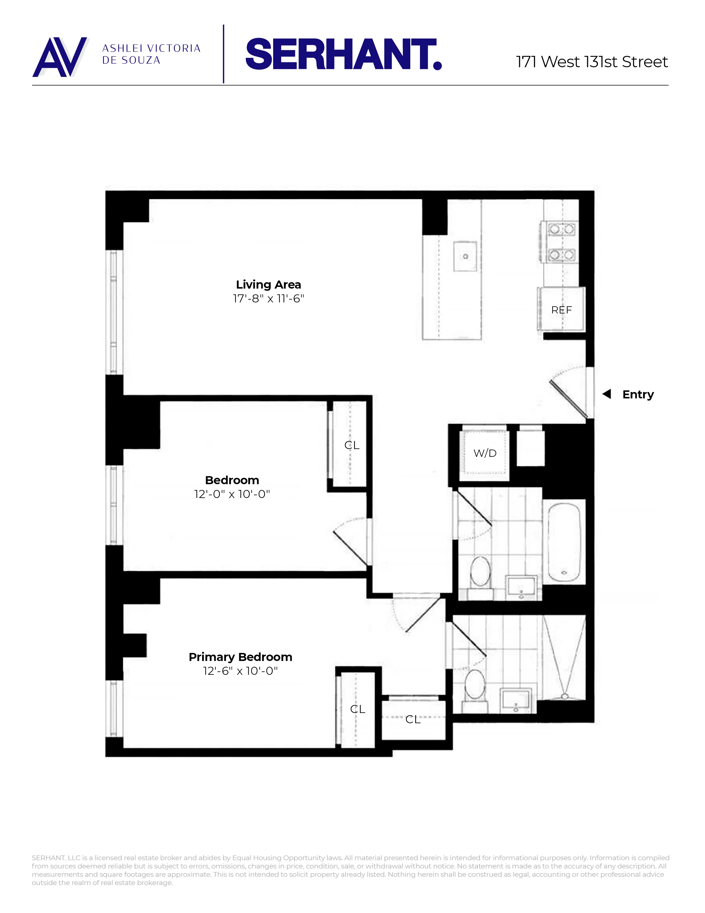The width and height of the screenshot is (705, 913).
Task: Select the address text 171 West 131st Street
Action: (x=592, y=62)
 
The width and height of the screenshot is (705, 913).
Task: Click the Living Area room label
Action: (x=268, y=285)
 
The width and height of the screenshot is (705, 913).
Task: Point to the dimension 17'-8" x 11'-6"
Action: (x=268, y=299)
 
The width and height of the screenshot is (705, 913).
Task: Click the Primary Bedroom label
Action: (x=240, y=657)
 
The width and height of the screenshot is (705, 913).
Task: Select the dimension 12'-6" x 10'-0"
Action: (x=240, y=671)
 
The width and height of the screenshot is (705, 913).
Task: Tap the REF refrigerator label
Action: (x=561, y=310)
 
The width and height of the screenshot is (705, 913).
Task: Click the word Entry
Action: (x=638, y=394)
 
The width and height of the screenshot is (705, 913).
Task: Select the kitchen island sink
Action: (x=465, y=256)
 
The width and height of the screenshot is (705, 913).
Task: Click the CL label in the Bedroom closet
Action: (x=352, y=445)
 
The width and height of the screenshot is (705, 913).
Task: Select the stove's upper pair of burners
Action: (x=561, y=229)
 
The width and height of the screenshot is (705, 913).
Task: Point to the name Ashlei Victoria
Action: (x=151, y=48)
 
